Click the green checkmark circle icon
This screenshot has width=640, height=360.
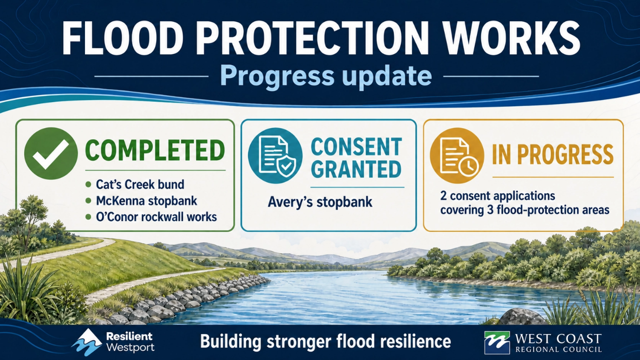51,153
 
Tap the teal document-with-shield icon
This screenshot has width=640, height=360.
275,155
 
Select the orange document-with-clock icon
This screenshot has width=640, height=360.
457,155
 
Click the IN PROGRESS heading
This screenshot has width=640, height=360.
553,154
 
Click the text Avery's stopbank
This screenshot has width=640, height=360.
320,202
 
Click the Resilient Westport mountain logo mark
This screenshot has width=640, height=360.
87,342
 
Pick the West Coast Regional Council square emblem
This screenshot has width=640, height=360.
497,342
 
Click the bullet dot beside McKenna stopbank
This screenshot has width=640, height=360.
88,201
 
